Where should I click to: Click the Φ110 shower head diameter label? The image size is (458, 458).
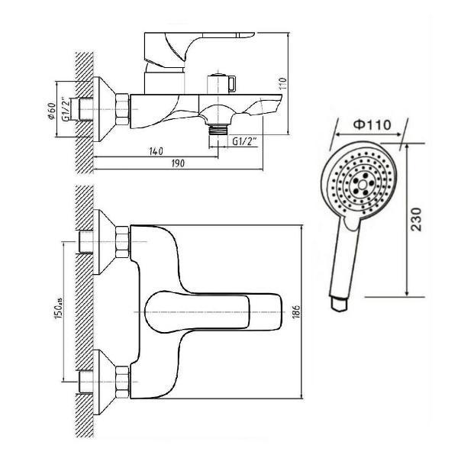click(x=372, y=124)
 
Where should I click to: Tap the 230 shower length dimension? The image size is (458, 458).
click(x=416, y=219)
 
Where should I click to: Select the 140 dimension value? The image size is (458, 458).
click(x=156, y=151)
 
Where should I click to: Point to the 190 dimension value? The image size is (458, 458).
click(x=178, y=163)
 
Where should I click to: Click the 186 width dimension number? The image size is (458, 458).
click(x=296, y=311)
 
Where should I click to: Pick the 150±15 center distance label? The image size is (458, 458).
click(x=58, y=309)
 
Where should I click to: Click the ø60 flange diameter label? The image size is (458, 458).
click(x=52, y=111)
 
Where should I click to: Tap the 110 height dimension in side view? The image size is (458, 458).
click(x=282, y=83)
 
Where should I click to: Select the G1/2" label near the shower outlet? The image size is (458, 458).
click(x=244, y=141)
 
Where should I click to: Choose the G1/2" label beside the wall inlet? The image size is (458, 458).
click(x=66, y=109)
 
